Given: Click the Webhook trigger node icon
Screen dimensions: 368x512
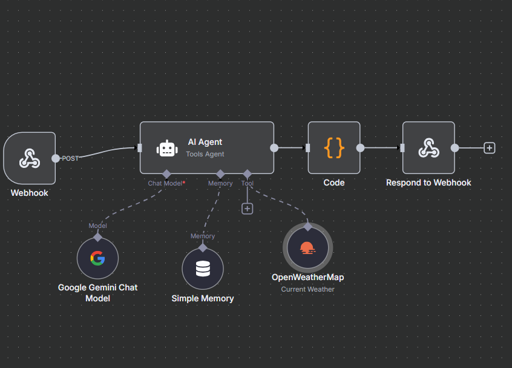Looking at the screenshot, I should pos(30,158).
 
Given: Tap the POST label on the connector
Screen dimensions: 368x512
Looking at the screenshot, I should pos(70,158).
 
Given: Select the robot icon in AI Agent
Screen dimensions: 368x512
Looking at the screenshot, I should pos(167,148).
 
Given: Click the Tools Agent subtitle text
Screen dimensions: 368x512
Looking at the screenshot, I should pos(205,154).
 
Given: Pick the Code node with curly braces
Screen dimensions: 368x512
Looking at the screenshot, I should pos(334,147).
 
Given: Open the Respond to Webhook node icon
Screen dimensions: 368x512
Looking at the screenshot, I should pos(428,147).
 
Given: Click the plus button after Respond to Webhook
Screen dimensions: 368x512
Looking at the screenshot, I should pos(490,148).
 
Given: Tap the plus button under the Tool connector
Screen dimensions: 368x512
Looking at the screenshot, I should pos(247,209).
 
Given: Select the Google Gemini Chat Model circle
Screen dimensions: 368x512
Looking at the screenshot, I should pos(97,259).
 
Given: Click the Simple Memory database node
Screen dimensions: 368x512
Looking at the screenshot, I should pos(203,269).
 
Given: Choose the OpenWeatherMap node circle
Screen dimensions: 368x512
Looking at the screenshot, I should pos(307,248).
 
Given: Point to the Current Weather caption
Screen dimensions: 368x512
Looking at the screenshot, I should pos(307,289).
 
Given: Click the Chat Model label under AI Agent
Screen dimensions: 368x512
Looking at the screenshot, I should pos(165,183).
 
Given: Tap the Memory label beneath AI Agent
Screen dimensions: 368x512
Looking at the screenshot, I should pos(220,183).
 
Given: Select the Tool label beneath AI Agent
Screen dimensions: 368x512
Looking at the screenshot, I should pos(247,183).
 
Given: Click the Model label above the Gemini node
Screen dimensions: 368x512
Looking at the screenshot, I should pos(97,226).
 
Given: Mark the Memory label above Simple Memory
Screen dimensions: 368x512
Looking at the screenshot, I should pos(203,236).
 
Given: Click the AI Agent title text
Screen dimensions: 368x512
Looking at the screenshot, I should pos(205,142).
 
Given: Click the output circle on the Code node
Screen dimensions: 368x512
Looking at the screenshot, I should pos(360,147).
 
